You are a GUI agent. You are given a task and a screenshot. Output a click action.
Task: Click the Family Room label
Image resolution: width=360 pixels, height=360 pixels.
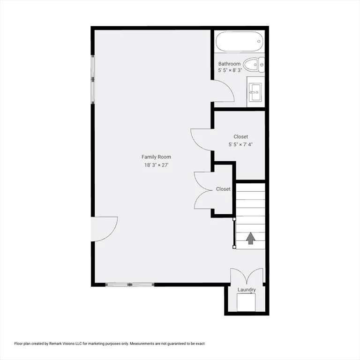coord(156,157)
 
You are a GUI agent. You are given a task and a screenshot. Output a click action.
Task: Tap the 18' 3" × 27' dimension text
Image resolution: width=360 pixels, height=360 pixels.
coord(156,165)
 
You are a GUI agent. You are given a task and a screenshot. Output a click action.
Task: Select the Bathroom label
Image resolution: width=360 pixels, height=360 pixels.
coord(229,64)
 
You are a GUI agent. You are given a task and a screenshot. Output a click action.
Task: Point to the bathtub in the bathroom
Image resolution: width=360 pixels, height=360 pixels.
coord(239,41)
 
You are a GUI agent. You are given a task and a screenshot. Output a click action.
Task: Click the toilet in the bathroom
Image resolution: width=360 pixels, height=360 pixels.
coord(255,65)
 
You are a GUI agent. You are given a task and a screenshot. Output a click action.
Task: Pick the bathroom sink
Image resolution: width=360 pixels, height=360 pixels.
coord(255,92)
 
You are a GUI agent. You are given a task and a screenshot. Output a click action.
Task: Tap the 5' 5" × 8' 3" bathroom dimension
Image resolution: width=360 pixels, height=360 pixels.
coord(229,70)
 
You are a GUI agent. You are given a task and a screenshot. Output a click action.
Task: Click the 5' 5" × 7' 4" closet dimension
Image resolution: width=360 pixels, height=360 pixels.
coord(240,144)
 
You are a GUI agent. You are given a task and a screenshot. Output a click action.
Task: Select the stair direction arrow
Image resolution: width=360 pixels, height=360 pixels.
coord(250,238)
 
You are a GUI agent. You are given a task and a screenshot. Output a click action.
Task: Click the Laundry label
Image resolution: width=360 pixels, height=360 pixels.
coord(247,290)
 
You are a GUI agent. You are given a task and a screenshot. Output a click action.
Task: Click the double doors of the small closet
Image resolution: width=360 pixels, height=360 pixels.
coord(202,190)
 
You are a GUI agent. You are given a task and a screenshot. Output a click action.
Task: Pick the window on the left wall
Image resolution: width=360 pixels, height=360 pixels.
coord(93,79)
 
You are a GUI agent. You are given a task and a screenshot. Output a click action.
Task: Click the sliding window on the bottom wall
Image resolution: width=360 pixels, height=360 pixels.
coord(130,284)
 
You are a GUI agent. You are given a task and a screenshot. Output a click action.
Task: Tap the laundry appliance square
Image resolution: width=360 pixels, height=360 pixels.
coord(246,303)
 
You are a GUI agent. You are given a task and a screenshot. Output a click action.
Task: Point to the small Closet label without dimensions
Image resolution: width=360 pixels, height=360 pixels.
coord(223,189)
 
